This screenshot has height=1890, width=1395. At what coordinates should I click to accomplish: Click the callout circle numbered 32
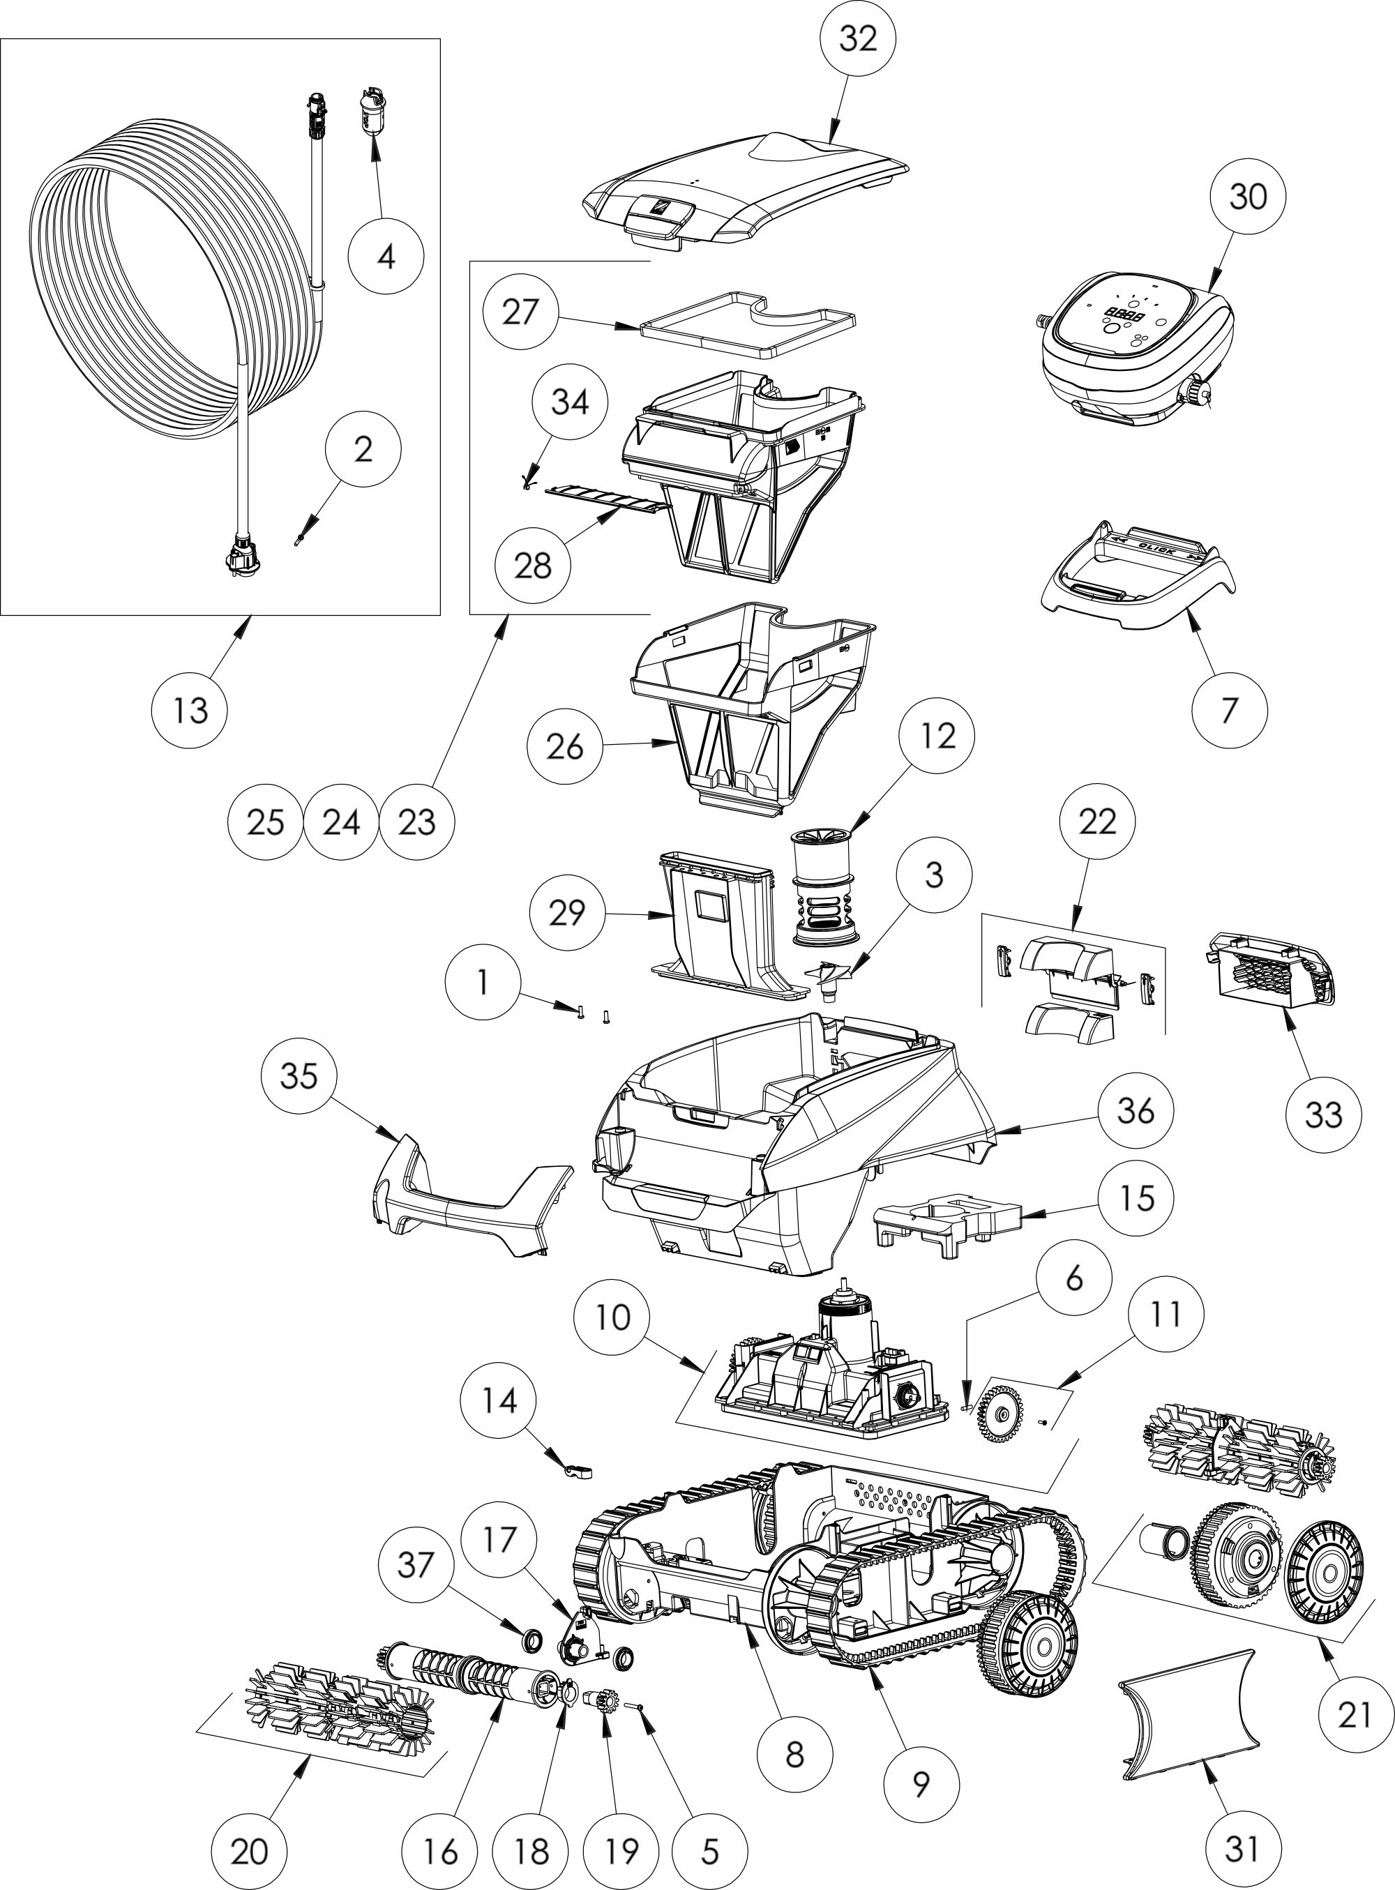point(858,40)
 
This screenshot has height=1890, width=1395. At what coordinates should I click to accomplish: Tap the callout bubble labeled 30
point(1248,197)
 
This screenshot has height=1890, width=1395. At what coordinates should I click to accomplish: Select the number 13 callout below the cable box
point(190,711)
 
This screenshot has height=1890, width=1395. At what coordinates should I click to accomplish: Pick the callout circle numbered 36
point(1135,1111)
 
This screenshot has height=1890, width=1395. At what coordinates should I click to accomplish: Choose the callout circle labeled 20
point(249,1851)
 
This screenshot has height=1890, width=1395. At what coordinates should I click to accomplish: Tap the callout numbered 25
point(265,822)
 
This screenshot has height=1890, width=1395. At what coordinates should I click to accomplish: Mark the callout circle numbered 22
point(1097,820)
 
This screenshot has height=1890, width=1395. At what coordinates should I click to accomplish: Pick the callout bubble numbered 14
point(499,1401)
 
